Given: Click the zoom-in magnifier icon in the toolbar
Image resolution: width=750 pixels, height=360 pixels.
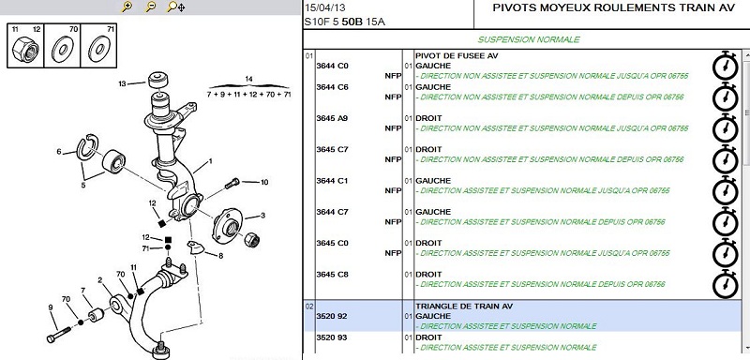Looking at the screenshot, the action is (127, 7).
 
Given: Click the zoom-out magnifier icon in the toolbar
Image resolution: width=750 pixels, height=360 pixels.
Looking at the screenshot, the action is (151, 7).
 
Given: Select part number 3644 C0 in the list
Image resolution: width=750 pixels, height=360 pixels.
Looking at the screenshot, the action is (332, 66).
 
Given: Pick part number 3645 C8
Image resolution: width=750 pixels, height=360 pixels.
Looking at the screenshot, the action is (332, 275).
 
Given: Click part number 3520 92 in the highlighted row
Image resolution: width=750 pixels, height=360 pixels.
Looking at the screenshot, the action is (332, 316).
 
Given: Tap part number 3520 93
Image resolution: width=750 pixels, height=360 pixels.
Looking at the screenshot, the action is (332, 337).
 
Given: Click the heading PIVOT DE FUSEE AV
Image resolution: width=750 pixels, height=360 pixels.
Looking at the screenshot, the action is (457, 55).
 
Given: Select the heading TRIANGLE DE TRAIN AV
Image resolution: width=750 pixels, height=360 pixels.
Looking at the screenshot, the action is (464, 306).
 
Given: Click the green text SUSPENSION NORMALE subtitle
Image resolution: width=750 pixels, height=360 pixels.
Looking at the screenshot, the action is (529, 39).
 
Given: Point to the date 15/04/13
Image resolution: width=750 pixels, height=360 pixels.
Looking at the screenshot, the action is (325, 8).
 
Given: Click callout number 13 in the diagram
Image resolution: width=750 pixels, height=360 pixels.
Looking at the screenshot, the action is (123, 84).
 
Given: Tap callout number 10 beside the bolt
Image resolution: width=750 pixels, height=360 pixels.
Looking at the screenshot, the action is (264, 182).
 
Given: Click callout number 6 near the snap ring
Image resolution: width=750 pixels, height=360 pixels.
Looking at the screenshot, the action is (59, 152).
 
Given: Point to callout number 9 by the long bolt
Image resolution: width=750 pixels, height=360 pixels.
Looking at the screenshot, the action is (51, 307).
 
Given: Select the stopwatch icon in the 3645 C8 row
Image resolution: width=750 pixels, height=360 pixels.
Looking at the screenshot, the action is (725, 284).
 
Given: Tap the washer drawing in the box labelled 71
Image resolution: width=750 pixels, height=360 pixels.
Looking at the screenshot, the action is (99, 49).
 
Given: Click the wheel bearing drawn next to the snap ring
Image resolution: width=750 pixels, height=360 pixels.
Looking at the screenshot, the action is (113, 161).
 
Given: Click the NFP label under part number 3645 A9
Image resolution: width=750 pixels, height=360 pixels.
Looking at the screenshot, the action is (393, 128).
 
